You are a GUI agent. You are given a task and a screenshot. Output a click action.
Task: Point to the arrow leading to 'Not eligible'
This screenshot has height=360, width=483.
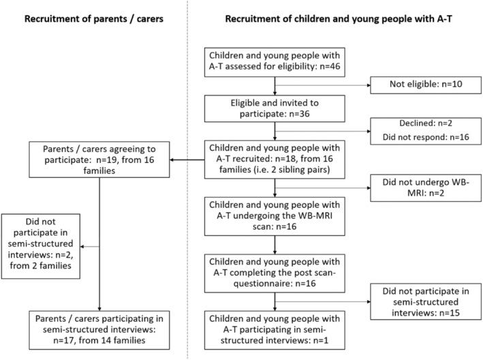(320, 85)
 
